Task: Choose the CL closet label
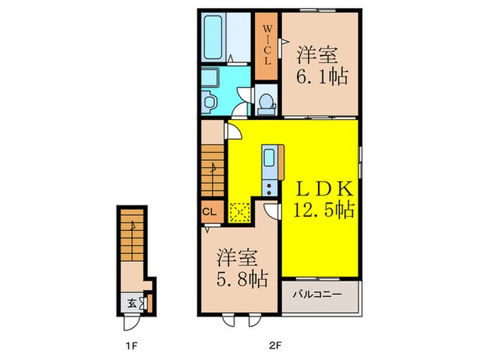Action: point(211,212)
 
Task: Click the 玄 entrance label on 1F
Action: point(131,302)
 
